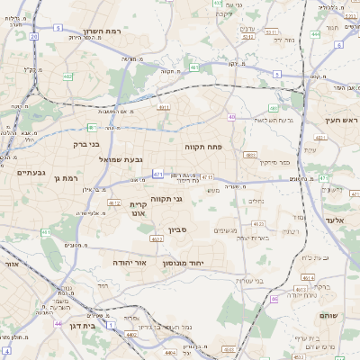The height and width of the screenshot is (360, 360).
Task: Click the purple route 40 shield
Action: coord(231,117)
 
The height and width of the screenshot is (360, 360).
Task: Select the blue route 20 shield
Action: coord(33,37)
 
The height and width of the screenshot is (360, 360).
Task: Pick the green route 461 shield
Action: coord(45,233)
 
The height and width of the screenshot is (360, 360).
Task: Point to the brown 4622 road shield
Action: coord(157,239)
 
